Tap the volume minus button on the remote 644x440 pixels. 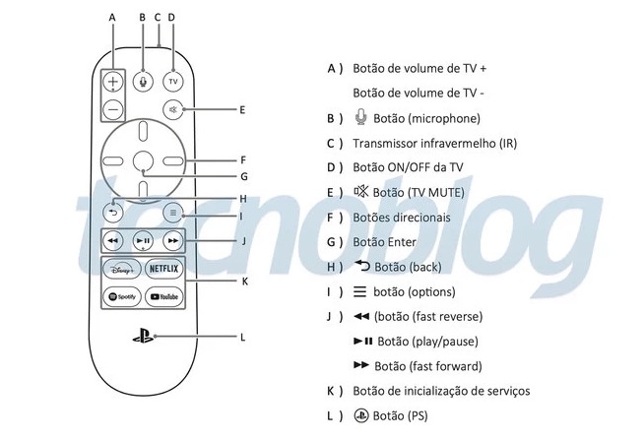click(114, 108)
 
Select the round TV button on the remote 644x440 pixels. click(172, 80)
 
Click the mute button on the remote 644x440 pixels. click(173, 109)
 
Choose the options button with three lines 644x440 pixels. click(173, 212)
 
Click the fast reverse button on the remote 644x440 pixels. click(114, 240)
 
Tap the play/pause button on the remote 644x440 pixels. click(144, 240)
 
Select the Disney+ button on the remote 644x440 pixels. click(121, 269)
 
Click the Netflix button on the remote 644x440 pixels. click(162, 269)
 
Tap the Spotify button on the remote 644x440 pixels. click(121, 296)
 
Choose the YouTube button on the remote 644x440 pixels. click(162, 296)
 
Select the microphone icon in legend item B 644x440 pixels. click(360, 118)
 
